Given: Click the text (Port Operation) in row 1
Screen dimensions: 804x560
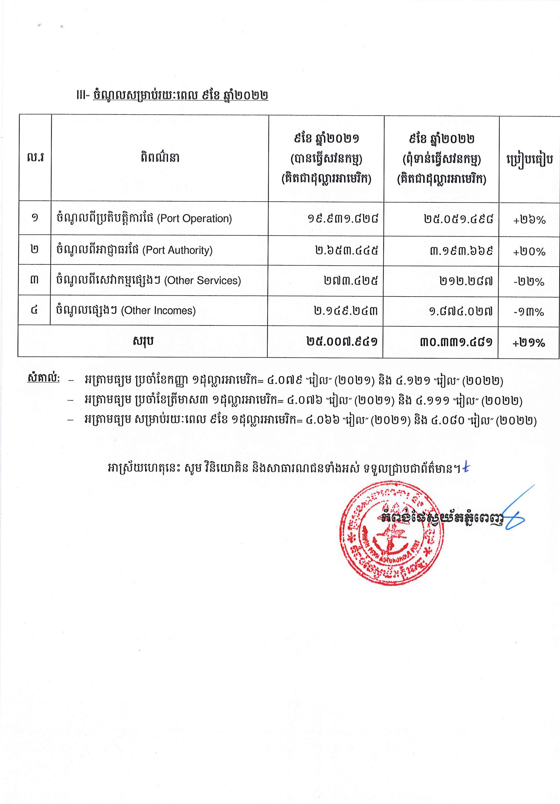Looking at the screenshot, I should (194, 219).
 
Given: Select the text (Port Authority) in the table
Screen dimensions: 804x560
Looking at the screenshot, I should (177, 250).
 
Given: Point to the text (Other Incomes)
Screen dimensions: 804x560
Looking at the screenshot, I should (158, 311).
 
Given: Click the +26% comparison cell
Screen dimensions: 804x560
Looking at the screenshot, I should (529, 220).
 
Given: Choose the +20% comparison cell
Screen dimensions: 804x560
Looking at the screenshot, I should (529, 251).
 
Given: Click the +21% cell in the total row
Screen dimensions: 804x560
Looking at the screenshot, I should (529, 342).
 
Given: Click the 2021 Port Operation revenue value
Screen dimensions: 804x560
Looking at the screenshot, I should (343, 219).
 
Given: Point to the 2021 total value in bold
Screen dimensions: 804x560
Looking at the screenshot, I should (342, 341).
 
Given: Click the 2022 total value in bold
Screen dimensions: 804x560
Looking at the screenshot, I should (456, 342).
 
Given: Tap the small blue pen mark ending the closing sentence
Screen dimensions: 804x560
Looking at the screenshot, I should (465, 468).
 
